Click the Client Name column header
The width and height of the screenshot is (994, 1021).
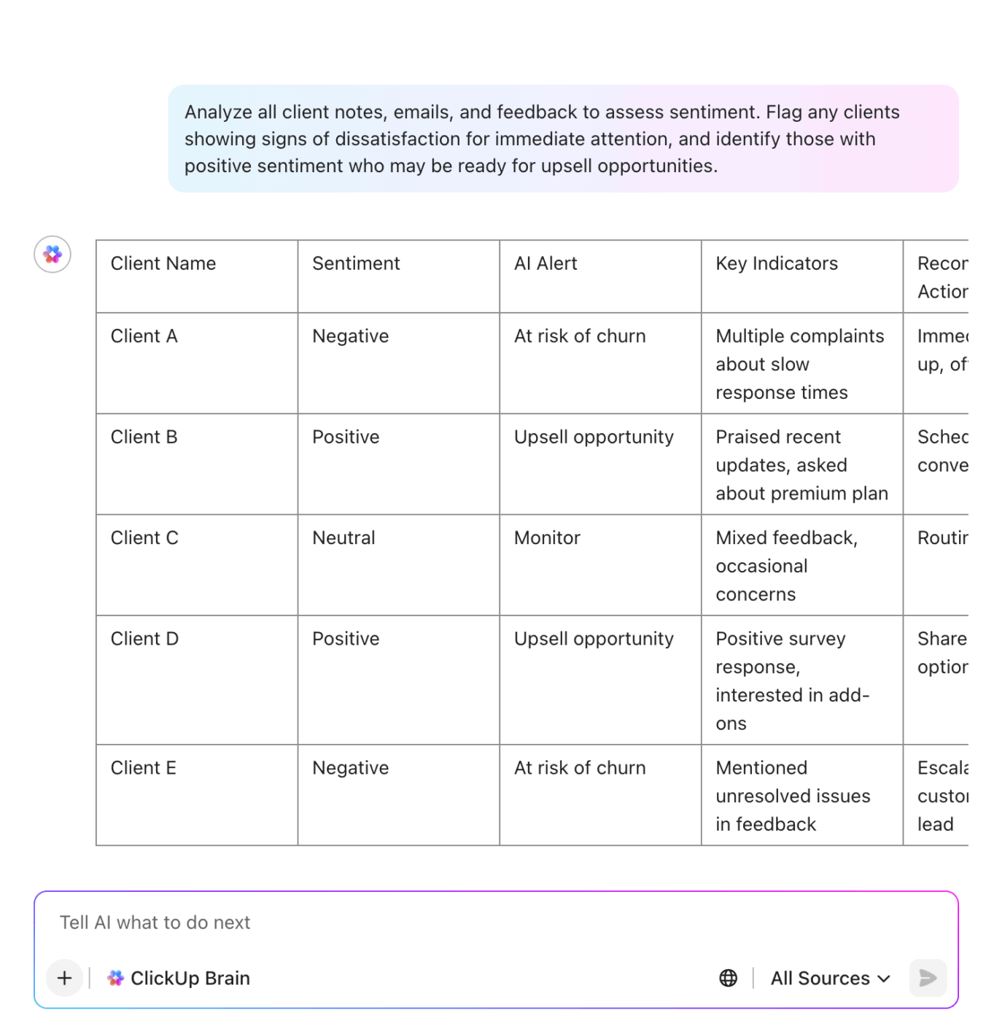point(163,263)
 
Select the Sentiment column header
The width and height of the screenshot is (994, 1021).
point(356,263)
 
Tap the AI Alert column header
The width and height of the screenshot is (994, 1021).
point(545,263)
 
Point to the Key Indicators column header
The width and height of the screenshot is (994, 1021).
point(777,263)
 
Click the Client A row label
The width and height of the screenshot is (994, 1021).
point(144,336)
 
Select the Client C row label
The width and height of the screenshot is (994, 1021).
point(144,538)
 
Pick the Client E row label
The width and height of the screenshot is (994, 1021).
point(144,768)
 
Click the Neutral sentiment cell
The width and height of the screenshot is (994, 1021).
point(343,538)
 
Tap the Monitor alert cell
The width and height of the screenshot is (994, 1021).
point(547,538)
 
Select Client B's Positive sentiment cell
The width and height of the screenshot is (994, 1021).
point(346,437)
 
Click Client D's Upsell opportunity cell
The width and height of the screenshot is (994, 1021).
point(594,639)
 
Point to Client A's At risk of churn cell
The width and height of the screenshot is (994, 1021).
point(580,336)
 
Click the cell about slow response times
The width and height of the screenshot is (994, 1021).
point(799,364)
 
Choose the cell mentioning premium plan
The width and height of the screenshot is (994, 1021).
point(801,465)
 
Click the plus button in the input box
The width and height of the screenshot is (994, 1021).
point(65,978)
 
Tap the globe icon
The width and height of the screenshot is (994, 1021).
point(728,978)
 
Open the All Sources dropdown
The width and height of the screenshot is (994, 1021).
point(830,978)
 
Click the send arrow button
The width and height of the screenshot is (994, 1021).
point(928,978)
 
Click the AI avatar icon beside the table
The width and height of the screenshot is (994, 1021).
point(53,255)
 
